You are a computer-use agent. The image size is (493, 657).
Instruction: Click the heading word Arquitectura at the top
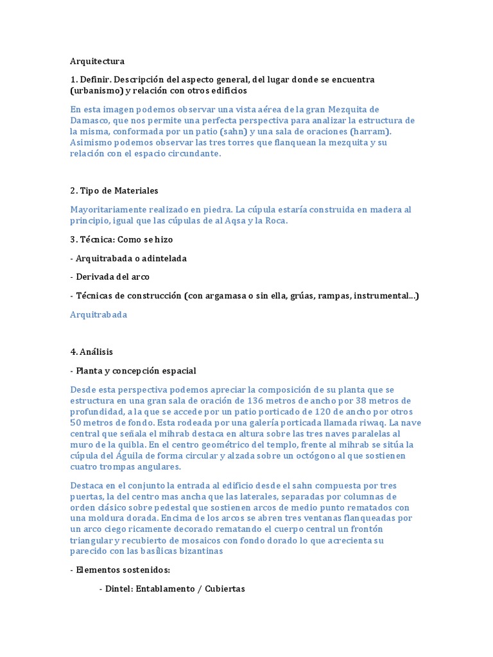97,62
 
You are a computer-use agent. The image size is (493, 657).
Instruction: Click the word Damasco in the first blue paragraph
92,120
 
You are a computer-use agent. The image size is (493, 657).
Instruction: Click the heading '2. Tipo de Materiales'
114,191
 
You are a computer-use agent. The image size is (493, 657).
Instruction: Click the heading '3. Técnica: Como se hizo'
121,239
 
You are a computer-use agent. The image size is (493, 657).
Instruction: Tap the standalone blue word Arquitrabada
98,314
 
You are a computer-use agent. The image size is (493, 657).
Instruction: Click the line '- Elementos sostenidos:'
119,570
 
